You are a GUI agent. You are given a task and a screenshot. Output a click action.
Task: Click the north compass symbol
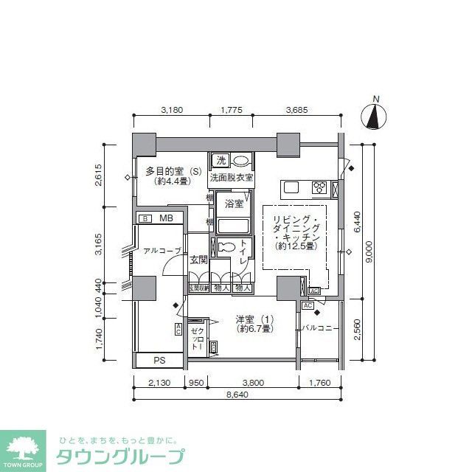click(x=376, y=116)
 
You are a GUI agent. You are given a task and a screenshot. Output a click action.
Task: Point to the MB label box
click(x=166, y=218)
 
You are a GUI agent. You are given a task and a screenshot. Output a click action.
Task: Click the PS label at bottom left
click(x=160, y=361)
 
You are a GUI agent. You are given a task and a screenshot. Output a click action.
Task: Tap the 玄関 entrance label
click(x=198, y=260)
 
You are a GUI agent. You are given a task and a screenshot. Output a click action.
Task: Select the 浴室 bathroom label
click(x=235, y=204)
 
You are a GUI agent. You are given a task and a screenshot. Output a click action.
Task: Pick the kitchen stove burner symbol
click(x=321, y=187)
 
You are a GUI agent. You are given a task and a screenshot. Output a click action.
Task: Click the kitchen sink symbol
click(x=291, y=187)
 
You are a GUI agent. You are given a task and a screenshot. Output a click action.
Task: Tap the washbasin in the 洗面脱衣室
click(x=240, y=160)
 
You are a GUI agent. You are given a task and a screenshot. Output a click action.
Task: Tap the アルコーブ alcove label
click(x=162, y=251)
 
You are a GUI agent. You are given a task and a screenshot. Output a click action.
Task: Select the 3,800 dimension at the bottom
click(x=253, y=382)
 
